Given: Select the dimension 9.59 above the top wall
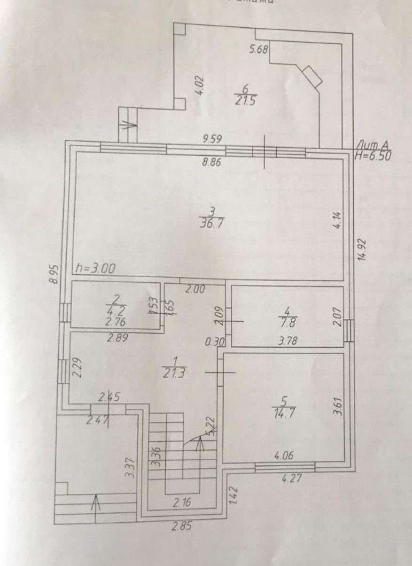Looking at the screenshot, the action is pyautogui.click(x=212, y=139).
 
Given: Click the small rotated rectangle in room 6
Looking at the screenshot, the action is pyautogui.click(x=312, y=76).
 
